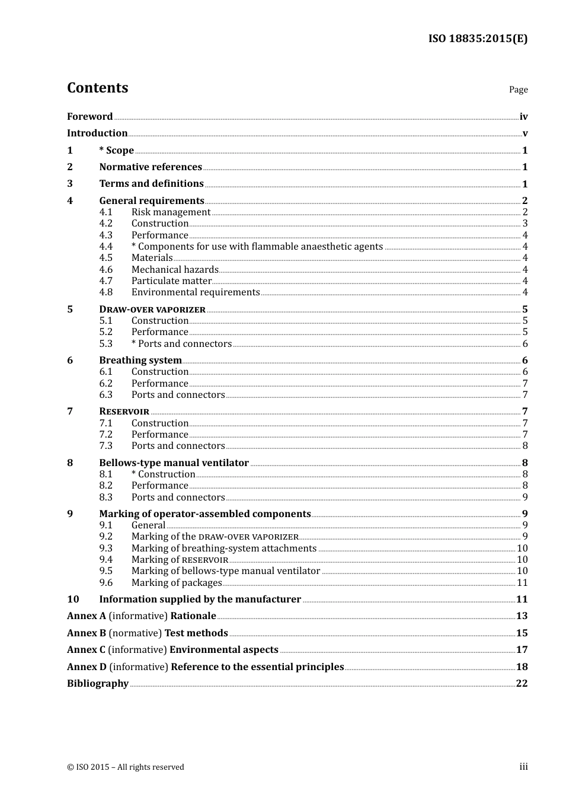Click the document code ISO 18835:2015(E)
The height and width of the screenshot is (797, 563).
478,39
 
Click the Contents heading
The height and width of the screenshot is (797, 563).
97,88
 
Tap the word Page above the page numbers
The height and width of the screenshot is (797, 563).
518,90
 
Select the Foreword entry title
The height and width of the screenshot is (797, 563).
89,117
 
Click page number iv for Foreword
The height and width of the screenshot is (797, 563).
523,117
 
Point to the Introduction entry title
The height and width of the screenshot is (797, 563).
97,133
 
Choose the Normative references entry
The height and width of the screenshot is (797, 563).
151,167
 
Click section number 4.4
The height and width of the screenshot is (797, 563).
106,247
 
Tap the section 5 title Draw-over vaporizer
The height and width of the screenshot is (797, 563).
152,310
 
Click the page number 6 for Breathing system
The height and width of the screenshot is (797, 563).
524,361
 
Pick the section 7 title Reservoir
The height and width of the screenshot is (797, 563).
124,412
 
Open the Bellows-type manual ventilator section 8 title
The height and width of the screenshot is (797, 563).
174,463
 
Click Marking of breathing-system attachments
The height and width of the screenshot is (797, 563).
224,549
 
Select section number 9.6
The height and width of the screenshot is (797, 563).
106,583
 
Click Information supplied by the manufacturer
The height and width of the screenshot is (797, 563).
200,600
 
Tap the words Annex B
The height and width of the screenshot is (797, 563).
86,633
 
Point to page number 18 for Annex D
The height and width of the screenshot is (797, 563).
522,667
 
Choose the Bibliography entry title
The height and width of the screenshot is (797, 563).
98,684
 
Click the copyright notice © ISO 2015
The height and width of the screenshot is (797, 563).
126,767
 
